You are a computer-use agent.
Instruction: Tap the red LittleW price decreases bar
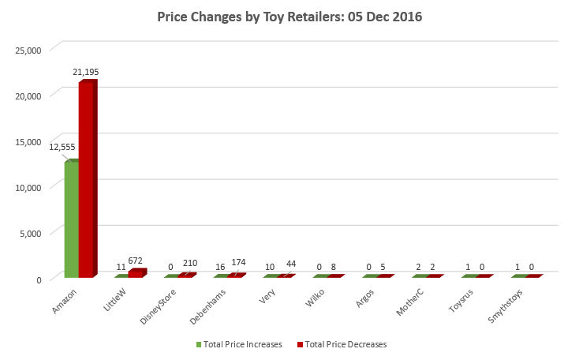[136, 273]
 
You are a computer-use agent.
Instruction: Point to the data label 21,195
[85, 72]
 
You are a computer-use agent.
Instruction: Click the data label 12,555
[62, 146]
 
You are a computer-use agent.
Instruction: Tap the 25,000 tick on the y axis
[28, 50]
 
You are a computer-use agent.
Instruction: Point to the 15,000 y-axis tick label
[28, 141]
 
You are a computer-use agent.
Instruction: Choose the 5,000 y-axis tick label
[30, 233]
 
